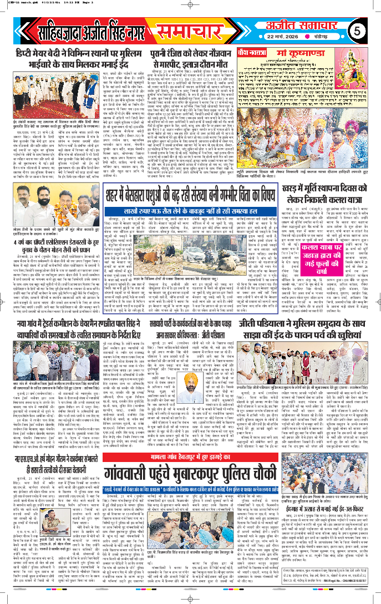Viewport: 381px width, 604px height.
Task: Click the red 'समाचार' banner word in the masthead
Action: coord(191,31)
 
